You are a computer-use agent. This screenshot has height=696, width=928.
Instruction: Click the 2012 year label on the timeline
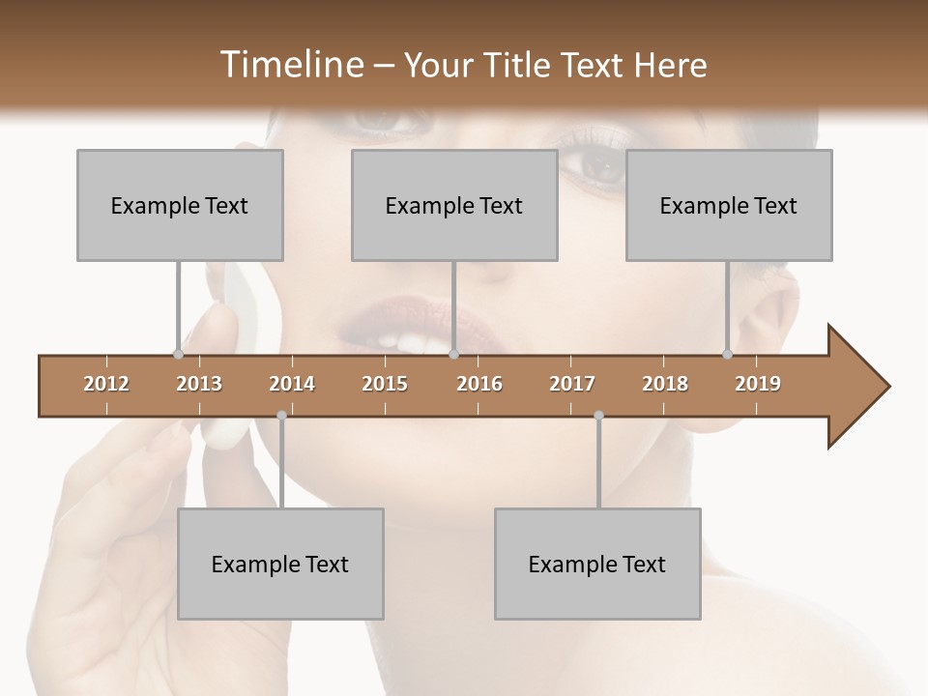106,384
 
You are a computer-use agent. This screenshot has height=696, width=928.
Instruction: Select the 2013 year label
199,384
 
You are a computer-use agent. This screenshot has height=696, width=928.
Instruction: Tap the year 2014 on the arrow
292,384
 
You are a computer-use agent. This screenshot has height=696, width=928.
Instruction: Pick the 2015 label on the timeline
385,384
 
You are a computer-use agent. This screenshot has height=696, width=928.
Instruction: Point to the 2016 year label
479,384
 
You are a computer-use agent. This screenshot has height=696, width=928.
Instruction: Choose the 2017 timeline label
572,384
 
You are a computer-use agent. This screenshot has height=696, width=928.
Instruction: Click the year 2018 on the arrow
665,384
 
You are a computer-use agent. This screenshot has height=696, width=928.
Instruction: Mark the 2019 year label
758,384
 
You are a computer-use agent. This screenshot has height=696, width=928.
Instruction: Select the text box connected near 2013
180,205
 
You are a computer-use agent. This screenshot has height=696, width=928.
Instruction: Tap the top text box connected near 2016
454,205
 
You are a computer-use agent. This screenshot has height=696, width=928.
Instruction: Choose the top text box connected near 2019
729,205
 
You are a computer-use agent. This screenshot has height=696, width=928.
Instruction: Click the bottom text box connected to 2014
280,564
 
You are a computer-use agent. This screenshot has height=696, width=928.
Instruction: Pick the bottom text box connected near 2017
597,564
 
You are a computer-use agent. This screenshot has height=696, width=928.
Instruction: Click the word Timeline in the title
290,65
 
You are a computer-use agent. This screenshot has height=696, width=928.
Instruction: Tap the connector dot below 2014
281,416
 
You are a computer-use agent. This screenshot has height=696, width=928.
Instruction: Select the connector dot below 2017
598,416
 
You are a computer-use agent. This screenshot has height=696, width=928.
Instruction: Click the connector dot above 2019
727,354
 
